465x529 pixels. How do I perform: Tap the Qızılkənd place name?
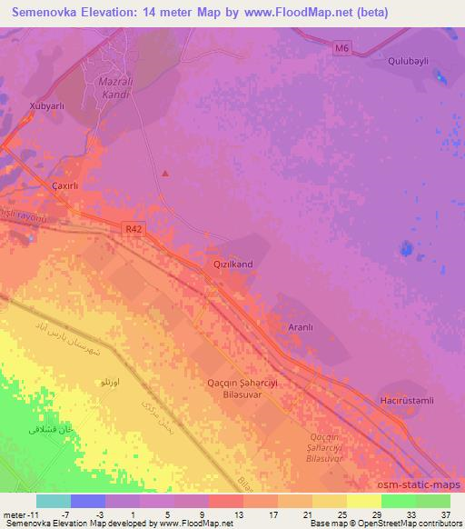click(x=232, y=263)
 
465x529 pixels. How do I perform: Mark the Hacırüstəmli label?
click(x=409, y=400)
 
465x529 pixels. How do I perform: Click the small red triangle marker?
click(x=164, y=173)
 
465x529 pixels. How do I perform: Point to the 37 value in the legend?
click(x=445, y=514)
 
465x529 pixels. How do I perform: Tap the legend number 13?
click(x=239, y=514)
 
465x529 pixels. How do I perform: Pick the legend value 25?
click(x=342, y=514)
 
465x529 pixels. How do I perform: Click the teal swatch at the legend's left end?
click(x=53, y=501)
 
